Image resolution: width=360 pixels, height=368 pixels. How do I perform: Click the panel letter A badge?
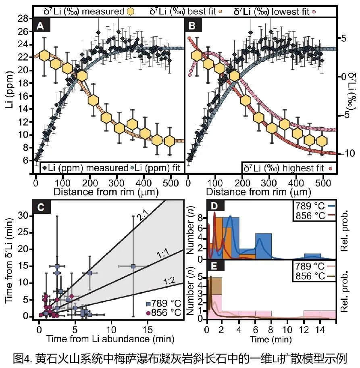point(40,27)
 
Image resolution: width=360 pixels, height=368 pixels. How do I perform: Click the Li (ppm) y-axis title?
point(7,89)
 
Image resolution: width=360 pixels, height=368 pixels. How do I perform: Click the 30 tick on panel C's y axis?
point(27,215)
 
